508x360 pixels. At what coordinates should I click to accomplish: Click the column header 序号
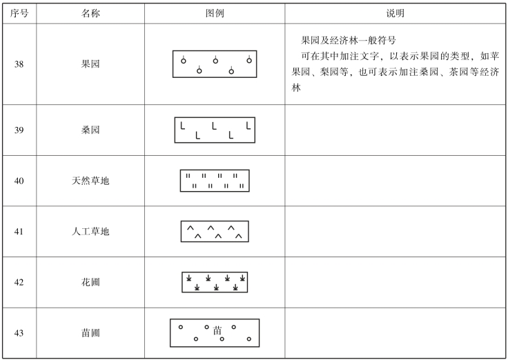click(19, 14)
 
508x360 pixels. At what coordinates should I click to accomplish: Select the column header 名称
click(90, 14)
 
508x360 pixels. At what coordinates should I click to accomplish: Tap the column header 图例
click(215, 14)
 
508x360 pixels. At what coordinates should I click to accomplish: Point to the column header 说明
click(395, 14)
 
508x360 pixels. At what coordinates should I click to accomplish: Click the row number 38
click(19, 64)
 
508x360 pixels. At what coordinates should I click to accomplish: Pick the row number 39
click(19, 130)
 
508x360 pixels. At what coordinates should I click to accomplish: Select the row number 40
click(19, 181)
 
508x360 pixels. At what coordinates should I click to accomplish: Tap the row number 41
click(19, 232)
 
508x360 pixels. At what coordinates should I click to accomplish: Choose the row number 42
click(19, 282)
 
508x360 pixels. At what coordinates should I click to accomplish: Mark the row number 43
click(19, 332)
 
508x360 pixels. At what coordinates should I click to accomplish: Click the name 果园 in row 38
click(90, 64)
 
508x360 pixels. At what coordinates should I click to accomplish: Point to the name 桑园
click(90, 130)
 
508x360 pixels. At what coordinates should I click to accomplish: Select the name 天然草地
click(90, 181)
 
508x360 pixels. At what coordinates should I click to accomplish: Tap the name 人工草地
click(90, 232)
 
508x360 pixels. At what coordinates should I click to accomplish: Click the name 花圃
click(90, 282)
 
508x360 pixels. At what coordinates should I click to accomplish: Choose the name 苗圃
click(90, 332)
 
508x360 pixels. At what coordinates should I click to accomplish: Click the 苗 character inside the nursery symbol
click(218, 330)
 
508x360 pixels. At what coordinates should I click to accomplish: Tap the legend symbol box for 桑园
click(215, 130)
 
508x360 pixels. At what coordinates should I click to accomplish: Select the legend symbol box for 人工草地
click(215, 232)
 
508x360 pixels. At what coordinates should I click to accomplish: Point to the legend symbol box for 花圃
click(215, 282)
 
